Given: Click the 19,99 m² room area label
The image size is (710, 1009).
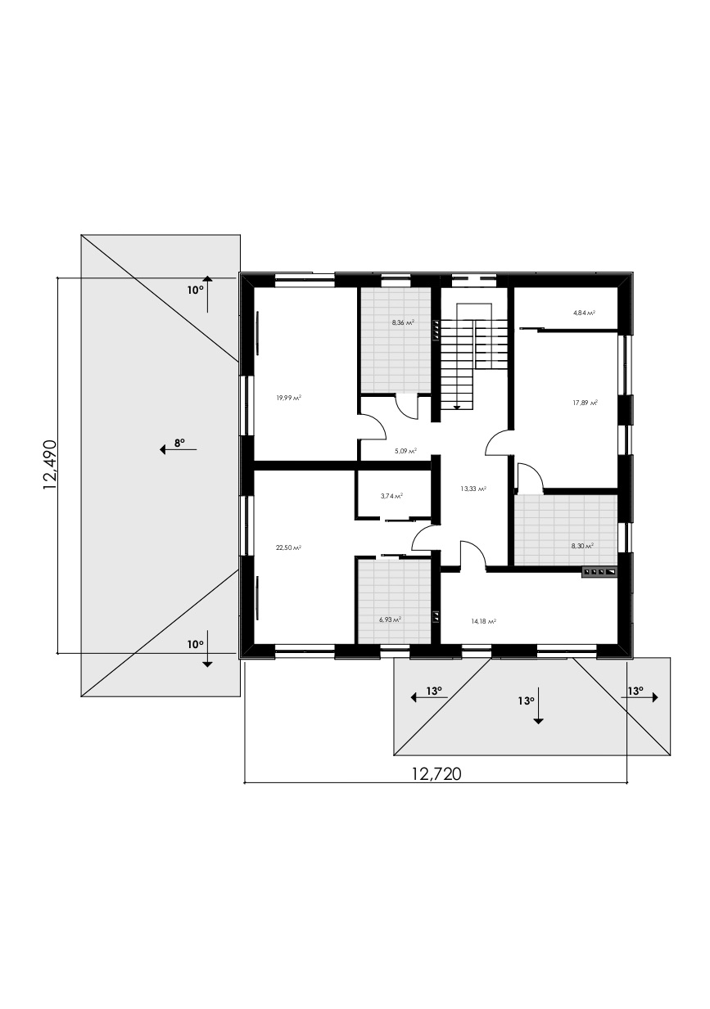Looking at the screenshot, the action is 288,398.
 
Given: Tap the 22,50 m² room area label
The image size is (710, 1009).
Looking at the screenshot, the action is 288,547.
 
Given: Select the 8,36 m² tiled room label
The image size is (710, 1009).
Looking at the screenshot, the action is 403,322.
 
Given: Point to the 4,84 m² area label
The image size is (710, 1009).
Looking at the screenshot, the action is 584,313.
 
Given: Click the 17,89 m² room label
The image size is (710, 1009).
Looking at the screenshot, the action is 586,403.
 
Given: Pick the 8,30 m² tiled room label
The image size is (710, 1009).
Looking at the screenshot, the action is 582,546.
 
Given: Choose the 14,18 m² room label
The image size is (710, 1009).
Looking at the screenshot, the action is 484,621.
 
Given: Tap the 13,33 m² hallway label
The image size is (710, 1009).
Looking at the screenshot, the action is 473,489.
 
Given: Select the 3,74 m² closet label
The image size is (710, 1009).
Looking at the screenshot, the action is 391,495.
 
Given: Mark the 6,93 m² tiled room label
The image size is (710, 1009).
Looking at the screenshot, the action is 391,619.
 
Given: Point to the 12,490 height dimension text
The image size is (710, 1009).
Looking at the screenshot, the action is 50,465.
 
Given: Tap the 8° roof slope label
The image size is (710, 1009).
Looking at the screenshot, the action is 180,443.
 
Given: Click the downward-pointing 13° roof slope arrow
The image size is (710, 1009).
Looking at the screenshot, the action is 538,705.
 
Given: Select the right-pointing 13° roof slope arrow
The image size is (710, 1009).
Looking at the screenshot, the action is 640,697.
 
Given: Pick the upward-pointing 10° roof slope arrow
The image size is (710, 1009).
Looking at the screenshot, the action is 207,294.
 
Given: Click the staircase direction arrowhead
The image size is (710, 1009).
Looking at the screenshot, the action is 457,408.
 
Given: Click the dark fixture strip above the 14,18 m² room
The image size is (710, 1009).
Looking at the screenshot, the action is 599,572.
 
